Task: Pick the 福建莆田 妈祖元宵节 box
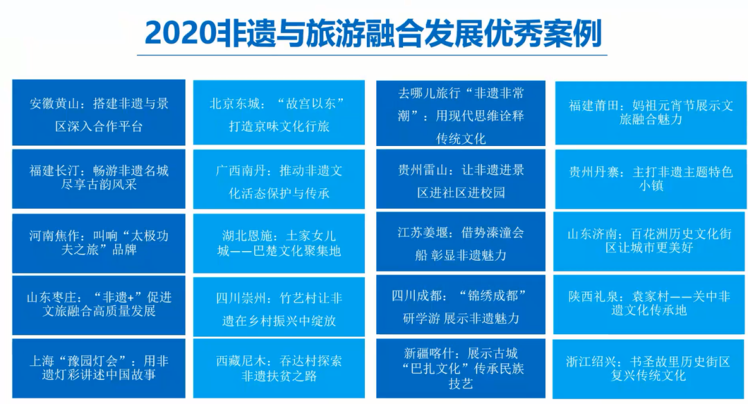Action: tap(651, 112)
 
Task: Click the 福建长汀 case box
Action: tap(99, 178)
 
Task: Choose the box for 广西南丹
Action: tap(279, 180)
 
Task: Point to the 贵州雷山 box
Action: tap(461, 180)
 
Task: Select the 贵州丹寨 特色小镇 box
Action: tap(651, 178)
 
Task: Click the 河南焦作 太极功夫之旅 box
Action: tap(99, 243)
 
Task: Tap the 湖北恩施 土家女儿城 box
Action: tap(279, 243)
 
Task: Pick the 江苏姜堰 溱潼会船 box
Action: tap(461, 243)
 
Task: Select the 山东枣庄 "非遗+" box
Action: tap(99, 304)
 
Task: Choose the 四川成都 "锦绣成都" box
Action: tap(461, 306)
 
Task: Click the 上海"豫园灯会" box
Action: tap(99, 368)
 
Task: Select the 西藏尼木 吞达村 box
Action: tap(279, 368)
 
